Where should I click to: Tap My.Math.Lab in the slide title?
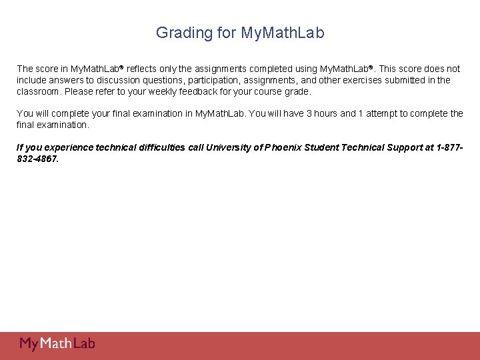[x=283, y=33]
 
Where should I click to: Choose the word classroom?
[x=38, y=91]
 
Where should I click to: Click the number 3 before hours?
[x=309, y=113]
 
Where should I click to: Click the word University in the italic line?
[x=229, y=147]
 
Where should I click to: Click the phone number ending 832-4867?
[x=38, y=159]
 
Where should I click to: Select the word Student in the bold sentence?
[x=322, y=147]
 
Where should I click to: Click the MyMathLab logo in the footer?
[x=57, y=344]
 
